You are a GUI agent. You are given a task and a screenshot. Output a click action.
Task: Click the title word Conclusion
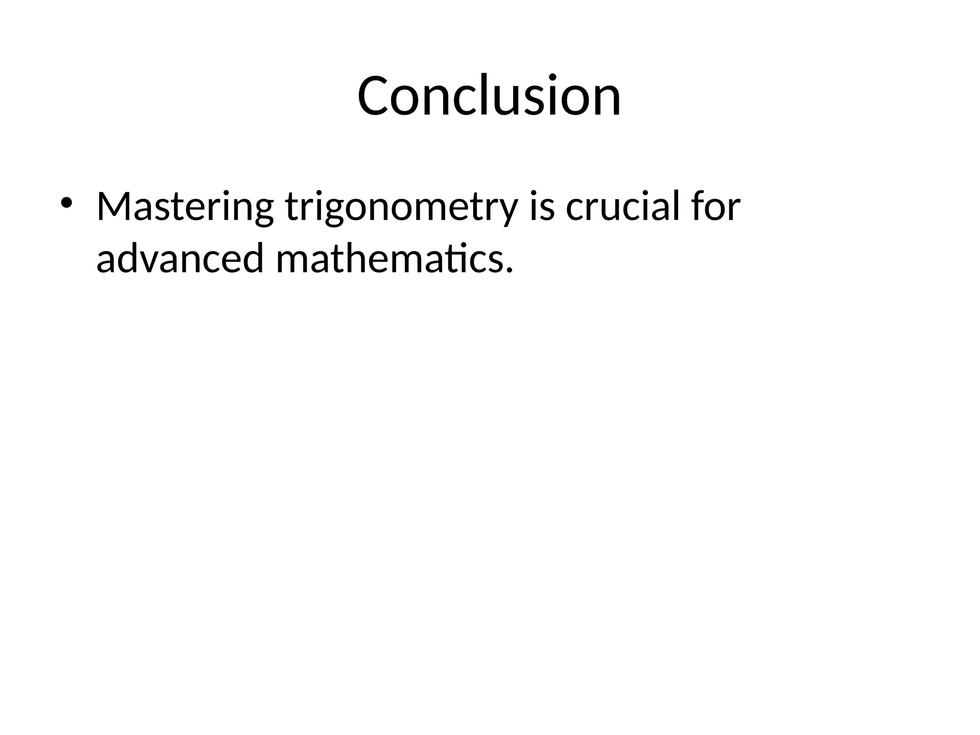[489, 96]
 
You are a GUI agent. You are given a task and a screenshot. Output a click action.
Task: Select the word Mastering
[185, 207]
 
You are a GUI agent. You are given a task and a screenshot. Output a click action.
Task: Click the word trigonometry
[401, 207]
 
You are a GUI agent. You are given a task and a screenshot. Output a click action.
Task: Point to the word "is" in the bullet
[542, 207]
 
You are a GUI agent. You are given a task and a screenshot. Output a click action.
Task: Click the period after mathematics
[509, 271]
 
